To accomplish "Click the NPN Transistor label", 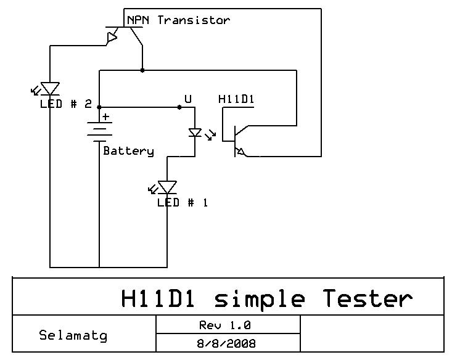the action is [x=178, y=20].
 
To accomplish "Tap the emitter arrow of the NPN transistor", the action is [x=112, y=37].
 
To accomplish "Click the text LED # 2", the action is [x=66, y=104].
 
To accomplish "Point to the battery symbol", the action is [x=99, y=132].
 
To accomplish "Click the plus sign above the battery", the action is [x=106, y=117].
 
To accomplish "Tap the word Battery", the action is [x=128, y=151].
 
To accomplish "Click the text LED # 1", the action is [x=183, y=203].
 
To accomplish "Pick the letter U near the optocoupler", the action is [x=188, y=99].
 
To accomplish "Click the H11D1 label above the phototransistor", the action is [x=236, y=99].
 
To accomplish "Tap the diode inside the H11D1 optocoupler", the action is [x=195, y=133].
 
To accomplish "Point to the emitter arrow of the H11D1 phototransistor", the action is [x=240, y=151].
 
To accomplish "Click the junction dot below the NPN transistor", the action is [x=142, y=70].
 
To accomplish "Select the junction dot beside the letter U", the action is [x=179, y=107].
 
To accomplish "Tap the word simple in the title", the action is [x=260, y=300].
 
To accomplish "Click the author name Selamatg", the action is [x=73, y=335].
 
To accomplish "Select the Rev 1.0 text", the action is [x=225, y=325].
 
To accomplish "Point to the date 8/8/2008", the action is [x=226, y=343].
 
